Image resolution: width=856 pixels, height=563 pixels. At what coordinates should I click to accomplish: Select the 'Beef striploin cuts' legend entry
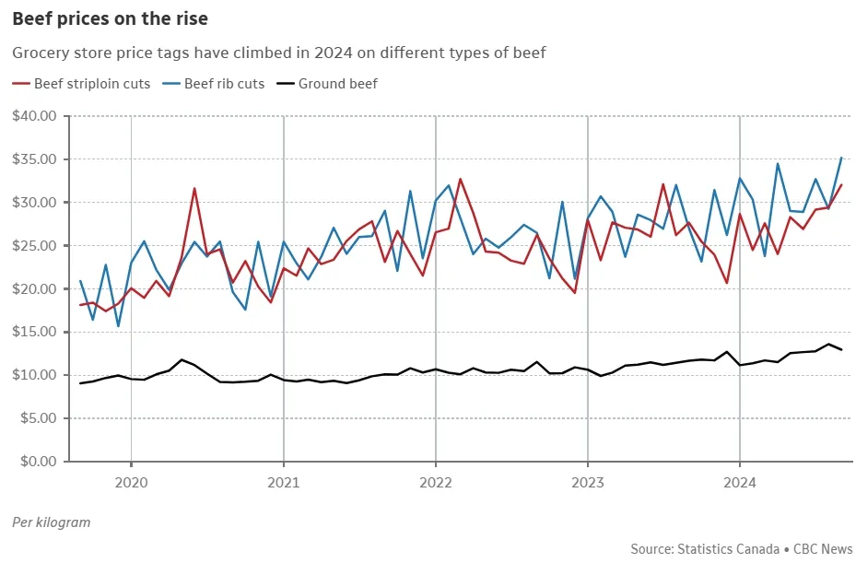click(x=92, y=84)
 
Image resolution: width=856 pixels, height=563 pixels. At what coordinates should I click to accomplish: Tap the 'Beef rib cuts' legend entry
click(x=224, y=84)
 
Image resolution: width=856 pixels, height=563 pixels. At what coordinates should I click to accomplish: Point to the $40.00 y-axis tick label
click(x=35, y=116)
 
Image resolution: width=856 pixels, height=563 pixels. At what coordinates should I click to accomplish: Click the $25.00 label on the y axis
click(x=35, y=246)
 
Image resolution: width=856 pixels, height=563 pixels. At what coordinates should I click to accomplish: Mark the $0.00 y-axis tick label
click(x=39, y=462)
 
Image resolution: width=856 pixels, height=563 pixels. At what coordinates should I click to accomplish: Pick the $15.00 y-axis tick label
click(x=35, y=332)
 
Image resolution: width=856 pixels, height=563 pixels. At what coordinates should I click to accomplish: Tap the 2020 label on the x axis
click(x=131, y=481)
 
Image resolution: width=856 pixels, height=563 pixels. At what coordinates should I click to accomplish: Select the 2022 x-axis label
click(x=435, y=481)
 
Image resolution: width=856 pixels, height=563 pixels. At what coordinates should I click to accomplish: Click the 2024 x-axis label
click(x=740, y=481)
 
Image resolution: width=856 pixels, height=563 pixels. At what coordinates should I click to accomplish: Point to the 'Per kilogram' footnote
click(x=52, y=522)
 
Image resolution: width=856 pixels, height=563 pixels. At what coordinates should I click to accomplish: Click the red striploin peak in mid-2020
click(x=194, y=188)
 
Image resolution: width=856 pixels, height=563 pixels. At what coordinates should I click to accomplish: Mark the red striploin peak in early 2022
click(x=461, y=179)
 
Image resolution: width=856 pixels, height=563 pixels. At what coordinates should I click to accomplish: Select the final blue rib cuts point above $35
click(x=841, y=158)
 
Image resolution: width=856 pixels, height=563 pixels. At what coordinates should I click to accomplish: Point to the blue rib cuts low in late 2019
click(x=118, y=326)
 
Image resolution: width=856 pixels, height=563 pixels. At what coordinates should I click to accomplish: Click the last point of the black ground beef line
click(x=841, y=350)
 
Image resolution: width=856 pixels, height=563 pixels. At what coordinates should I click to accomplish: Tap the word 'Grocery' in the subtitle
click(x=39, y=53)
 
